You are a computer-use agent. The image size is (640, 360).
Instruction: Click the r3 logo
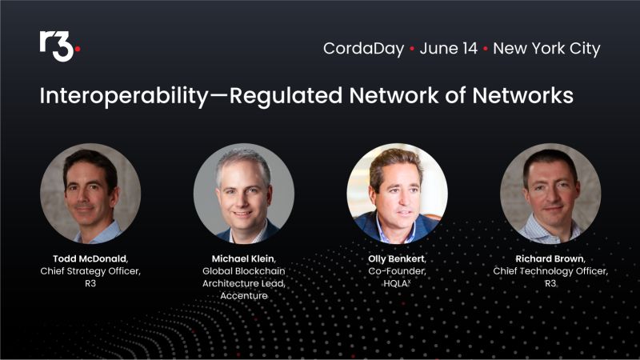click(x=58, y=46)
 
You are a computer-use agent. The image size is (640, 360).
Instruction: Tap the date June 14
click(x=448, y=48)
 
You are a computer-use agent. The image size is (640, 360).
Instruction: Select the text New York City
click(x=546, y=48)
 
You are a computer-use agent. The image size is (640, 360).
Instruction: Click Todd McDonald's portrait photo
click(x=90, y=194)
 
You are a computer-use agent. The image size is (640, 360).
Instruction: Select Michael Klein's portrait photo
click(x=243, y=194)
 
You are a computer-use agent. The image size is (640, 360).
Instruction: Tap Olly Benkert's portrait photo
click(x=397, y=194)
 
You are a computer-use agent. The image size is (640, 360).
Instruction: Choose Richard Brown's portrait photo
click(x=550, y=194)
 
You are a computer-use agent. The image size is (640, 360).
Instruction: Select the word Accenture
click(x=243, y=297)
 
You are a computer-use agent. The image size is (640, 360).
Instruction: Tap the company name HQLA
click(x=395, y=284)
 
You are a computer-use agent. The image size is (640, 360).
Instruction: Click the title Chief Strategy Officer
click(x=90, y=271)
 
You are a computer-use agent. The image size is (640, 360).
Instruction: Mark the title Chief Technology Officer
click(x=550, y=271)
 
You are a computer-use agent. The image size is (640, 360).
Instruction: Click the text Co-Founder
click(x=397, y=271)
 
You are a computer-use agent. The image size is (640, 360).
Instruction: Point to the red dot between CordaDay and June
click(x=412, y=49)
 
